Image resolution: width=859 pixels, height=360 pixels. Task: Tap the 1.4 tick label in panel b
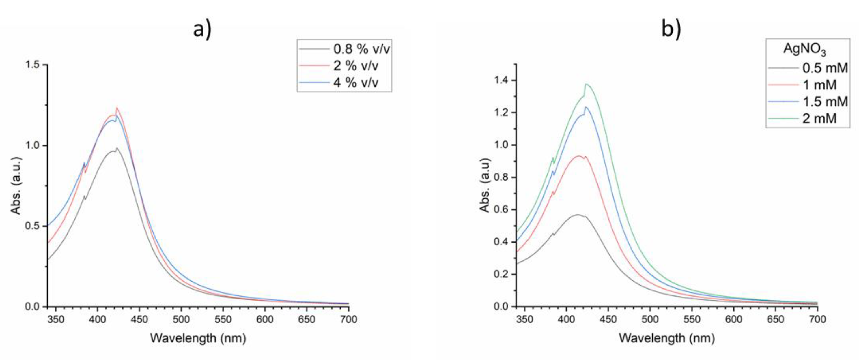click(502, 80)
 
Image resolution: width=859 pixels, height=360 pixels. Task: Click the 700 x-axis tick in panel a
click(348, 320)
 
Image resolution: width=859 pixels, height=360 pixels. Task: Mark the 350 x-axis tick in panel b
click(524, 320)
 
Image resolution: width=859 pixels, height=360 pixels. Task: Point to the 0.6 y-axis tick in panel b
click(502, 210)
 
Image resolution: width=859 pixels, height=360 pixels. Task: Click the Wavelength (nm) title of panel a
click(198, 338)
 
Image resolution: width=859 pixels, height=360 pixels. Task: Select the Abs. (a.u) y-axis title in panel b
click(485, 185)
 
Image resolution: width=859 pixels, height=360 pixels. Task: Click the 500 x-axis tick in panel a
click(181, 320)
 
